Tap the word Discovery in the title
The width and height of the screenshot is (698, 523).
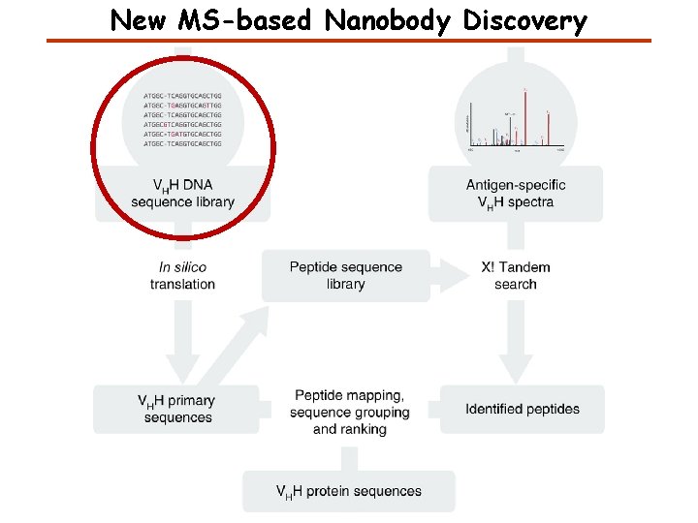point(525,20)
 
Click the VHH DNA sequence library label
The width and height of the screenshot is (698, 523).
point(183,194)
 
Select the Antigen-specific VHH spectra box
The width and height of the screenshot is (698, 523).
point(516,194)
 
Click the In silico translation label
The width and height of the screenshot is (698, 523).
point(182,275)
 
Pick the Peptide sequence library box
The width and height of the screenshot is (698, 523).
point(345,275)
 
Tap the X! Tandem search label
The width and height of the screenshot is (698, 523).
point(515,275)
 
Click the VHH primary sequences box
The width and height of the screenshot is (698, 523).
point(177,409)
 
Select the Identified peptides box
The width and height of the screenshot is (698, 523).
point(523,409)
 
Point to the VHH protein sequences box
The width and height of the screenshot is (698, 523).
point(349,491)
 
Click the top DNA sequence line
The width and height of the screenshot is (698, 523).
point(182,96)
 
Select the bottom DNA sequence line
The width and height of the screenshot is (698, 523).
point(182,143)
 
